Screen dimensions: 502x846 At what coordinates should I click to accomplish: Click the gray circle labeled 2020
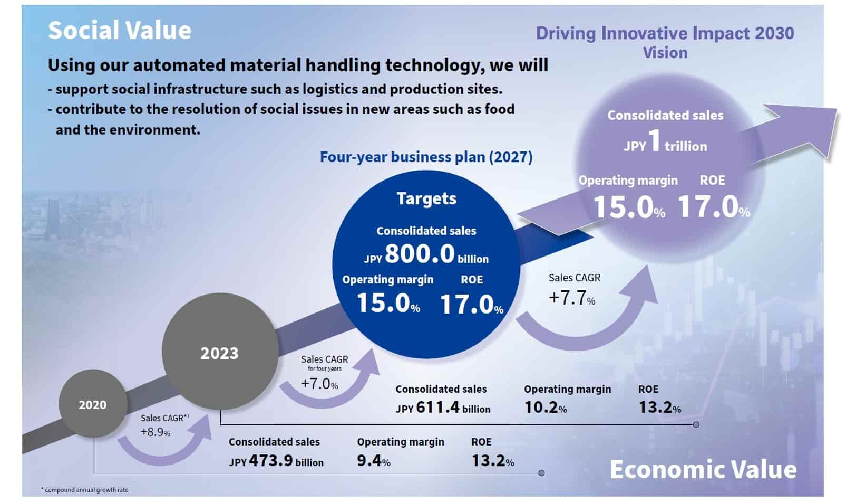(93, 404)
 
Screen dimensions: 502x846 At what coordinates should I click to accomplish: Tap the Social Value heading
(120, 31)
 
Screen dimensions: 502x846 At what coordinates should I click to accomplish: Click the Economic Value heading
(703, 469)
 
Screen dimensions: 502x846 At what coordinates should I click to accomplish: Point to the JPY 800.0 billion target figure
(426, 254)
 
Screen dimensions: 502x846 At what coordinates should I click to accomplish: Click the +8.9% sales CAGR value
(155, 432)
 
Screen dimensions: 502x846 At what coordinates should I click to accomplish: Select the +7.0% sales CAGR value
(319, 383)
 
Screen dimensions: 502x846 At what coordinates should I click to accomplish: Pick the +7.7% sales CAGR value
(572, 299)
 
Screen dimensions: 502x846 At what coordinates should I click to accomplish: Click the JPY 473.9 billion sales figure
(276, 461)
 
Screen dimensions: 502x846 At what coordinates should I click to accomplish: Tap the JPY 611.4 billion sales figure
(443, 408)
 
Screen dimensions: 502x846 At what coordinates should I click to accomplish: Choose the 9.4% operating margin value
(374, 461)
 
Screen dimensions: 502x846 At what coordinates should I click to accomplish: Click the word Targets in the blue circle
(426, 198)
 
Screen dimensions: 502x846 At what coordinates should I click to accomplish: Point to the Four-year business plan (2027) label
(426, 157)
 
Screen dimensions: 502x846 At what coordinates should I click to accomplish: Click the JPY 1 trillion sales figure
(665, 143)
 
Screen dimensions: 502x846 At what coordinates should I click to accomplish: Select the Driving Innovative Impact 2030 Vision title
(665, 42)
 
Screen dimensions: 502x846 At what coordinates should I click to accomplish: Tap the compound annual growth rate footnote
(85, 490)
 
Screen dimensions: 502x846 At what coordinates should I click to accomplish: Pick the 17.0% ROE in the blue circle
(471, 305)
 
